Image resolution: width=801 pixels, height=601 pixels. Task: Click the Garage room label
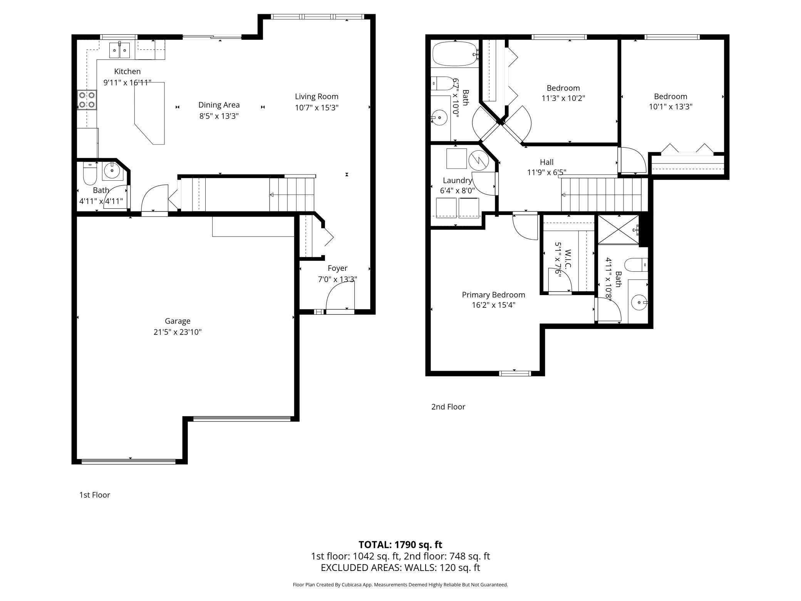(x=178, y=321)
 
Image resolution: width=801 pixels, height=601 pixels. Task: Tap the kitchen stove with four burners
(x=87, y=99)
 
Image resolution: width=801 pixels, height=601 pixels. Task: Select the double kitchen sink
(x=120, y=50)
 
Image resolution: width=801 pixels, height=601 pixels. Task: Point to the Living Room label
(x=317, y=97)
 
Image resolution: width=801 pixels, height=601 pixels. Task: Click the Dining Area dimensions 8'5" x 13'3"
(x=219, y=116)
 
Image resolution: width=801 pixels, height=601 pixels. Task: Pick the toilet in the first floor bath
(x=89, y=174)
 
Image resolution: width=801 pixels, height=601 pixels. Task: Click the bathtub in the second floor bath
(x=455, y=54)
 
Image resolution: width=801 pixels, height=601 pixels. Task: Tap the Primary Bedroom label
(x=493, y=295)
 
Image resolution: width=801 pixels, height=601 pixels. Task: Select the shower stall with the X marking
(x=618, y=229)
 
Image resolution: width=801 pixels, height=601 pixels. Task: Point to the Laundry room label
(x=457, y=180)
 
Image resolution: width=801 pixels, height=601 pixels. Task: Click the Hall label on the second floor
(x=546, y=162)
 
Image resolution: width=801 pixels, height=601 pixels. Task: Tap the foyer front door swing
(x=340, y=295)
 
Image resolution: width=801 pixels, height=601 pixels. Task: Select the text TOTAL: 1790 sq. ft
(x=400, y=545)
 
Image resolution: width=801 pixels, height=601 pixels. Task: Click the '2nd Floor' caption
(x=448, y=407)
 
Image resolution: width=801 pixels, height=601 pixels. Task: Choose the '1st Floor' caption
(x=95, y=495)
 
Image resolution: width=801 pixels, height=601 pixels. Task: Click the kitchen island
(x=149, y=113)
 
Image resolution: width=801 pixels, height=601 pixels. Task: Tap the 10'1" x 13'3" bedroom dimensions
(x=671, y=107)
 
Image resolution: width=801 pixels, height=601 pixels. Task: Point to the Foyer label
(x=337, y=268)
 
